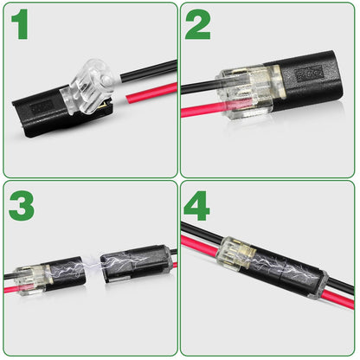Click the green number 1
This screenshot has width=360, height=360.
click(20, 26)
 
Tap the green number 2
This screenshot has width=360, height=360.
click(197, 26)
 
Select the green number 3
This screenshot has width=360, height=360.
click(22, 207)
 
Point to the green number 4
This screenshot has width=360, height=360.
click(197, 207)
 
